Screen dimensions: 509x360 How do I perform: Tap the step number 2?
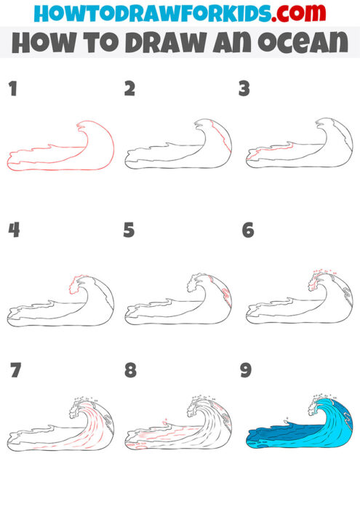[130, 89]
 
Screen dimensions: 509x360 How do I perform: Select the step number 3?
[244, 89]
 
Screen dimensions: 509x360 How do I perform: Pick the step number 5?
[130, 231]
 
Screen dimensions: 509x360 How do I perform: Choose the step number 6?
[247, 231]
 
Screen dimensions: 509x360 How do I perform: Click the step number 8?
[130, 371]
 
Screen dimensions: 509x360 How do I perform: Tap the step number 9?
[246, 371]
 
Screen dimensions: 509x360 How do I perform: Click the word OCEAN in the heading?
[306, 44]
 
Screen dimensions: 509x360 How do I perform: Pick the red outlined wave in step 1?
[62, 149]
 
